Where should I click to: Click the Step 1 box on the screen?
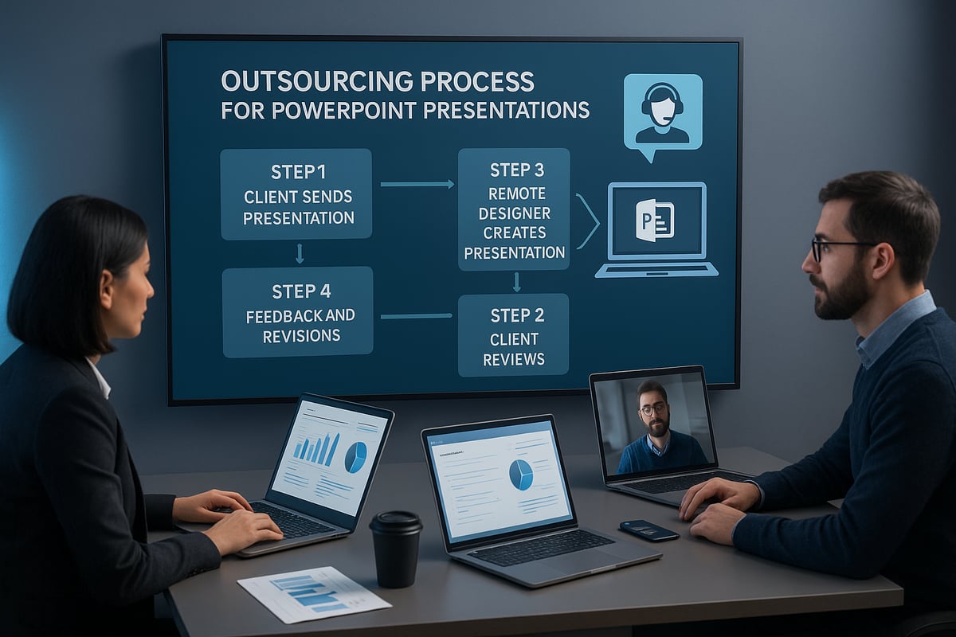pyautogui.click(x=296, y=193)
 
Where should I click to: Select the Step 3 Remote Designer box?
pyautogui.click(x=514, y=209)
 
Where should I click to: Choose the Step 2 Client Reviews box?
pyautogui.click(x=513, y=334)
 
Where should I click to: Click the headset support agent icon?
pyautogui.click(x=663, y=111)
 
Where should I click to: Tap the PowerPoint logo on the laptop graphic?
pyautogui.click(x=655, y=220)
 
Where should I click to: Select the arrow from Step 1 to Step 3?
pyautogui.click(x=417, y=184)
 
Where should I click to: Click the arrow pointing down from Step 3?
pyautogui.click(x=516, y=282)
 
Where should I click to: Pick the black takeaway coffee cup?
pyautogui.click(x=396, y=548)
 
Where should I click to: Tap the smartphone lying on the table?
pyautogui.click(x=648, y=530)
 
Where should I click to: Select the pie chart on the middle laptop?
pyautogui.click(x=521, y=475)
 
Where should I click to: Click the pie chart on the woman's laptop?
pyautogui.click(x=355, y=457)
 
